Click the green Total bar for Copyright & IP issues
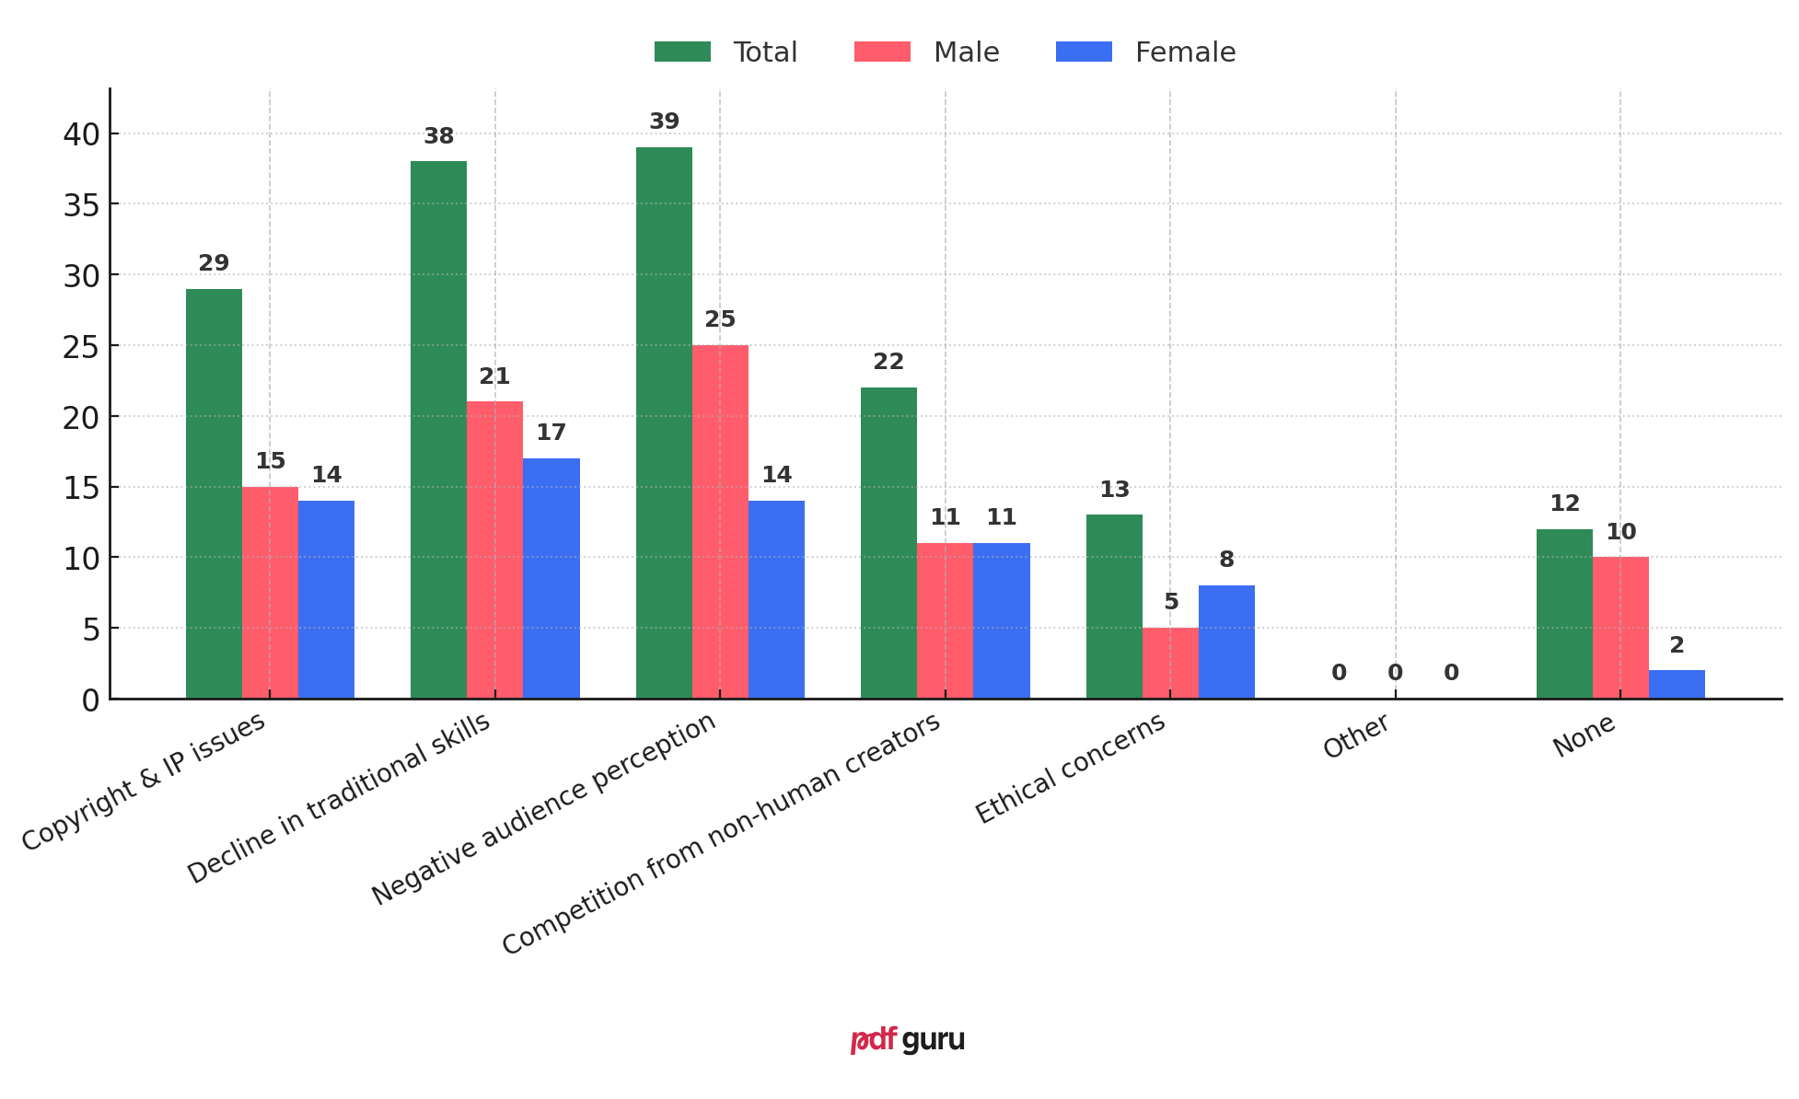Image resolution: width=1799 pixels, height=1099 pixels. click(x=214, y=493)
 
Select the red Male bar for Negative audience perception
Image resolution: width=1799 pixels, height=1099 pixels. click(x=720, y=522)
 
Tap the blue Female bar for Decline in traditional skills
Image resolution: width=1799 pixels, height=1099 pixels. click(x=551, y=578)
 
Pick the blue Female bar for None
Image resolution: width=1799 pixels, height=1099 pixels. click(x=1677, y=684)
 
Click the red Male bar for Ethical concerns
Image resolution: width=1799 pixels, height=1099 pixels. click(x=1170, y=663)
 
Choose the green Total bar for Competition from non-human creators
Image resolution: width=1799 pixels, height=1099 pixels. click(x=888, y=543)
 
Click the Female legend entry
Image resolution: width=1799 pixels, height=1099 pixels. click(x=1146, y=52)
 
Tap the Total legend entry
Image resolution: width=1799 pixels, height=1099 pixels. click(x=726, y=52)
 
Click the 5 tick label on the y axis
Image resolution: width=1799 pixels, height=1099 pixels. click(x=90, y=630)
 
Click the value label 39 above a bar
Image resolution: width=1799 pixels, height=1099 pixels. click(x=664, y=121)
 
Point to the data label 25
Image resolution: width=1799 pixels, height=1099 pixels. click(x=720, y=319)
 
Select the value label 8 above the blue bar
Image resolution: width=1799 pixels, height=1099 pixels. click(x=1226, y=560)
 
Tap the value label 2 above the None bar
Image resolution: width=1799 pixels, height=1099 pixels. click(x=1677, y=645)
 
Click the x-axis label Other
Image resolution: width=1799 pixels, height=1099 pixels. click(x=1355, y=736)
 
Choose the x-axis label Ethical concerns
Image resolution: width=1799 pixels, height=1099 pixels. click(x=1071, y=769)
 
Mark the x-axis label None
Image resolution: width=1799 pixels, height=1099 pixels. click(x=1584, y=735)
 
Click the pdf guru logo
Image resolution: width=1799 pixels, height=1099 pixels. click(x=907, y=1040)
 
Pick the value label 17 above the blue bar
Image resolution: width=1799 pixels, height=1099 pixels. click(x=551, y=433)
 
